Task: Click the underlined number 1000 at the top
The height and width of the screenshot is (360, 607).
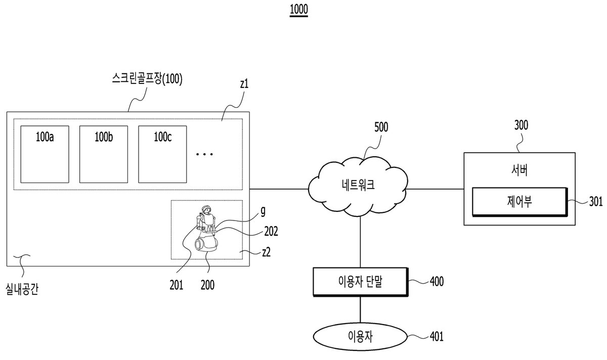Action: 298,10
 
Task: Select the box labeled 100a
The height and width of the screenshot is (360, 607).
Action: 45,154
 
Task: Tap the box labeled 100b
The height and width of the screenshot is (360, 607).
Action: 104,154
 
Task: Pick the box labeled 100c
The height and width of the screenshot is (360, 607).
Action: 162,154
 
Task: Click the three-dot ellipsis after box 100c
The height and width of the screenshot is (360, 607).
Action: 204,154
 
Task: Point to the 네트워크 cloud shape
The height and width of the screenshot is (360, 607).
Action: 358,187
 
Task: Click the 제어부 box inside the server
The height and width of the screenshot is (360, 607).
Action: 519,202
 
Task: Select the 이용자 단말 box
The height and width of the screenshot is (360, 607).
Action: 360,282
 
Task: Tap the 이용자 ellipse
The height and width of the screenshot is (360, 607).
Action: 360,336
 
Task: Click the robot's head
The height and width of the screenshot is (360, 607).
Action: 206,209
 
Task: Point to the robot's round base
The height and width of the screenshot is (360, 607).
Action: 206,243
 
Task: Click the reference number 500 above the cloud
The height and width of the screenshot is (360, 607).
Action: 381,127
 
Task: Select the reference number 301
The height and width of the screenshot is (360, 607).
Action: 596,202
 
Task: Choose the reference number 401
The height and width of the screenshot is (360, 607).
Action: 437,336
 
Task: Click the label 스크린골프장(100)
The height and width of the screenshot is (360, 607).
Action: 147,79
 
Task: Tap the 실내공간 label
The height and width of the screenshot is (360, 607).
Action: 22,289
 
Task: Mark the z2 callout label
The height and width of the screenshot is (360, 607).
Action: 267,252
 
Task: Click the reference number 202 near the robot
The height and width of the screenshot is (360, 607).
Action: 271,232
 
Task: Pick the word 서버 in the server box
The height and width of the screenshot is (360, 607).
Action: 519,171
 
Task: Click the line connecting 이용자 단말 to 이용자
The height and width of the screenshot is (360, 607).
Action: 360,309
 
